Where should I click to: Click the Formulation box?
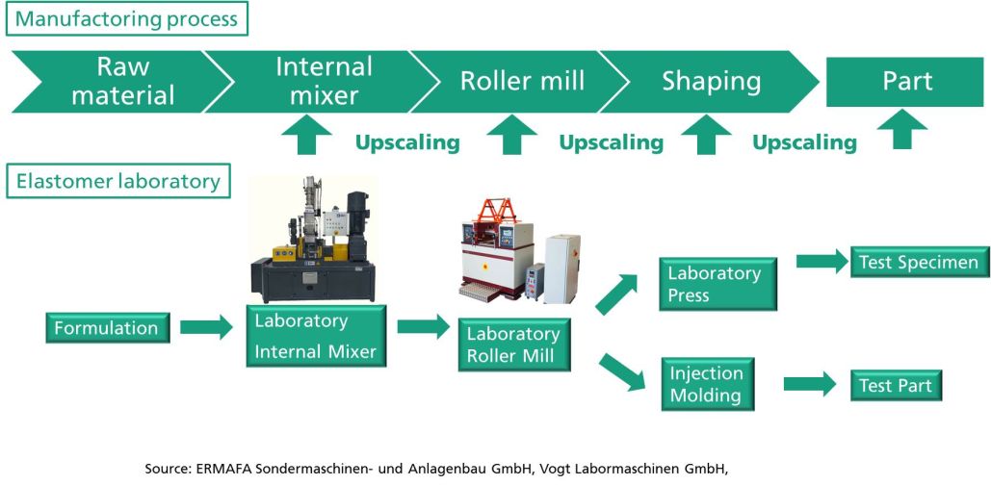point(108,328)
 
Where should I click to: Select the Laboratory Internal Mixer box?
point(316,336)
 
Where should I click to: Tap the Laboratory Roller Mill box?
point(514,345)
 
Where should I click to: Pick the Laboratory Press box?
point(718,284)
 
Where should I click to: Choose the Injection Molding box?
point(708,384)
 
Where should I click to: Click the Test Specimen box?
point(920,262)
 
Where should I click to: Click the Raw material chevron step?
point(123,82)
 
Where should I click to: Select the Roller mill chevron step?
point(519,82)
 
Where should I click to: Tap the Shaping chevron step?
point(709,82)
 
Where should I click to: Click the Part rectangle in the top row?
point(907,82)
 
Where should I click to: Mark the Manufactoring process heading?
point(127,19)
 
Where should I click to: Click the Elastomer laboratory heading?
point(118,181)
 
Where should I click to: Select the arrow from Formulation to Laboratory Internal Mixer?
point(207,327)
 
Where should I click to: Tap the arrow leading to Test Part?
point(810,384)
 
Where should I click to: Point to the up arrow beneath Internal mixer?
point(306,135)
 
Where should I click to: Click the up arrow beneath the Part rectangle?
point(902,130)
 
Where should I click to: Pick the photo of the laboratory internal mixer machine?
point(313,240)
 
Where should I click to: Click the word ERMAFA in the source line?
point(214,470)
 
